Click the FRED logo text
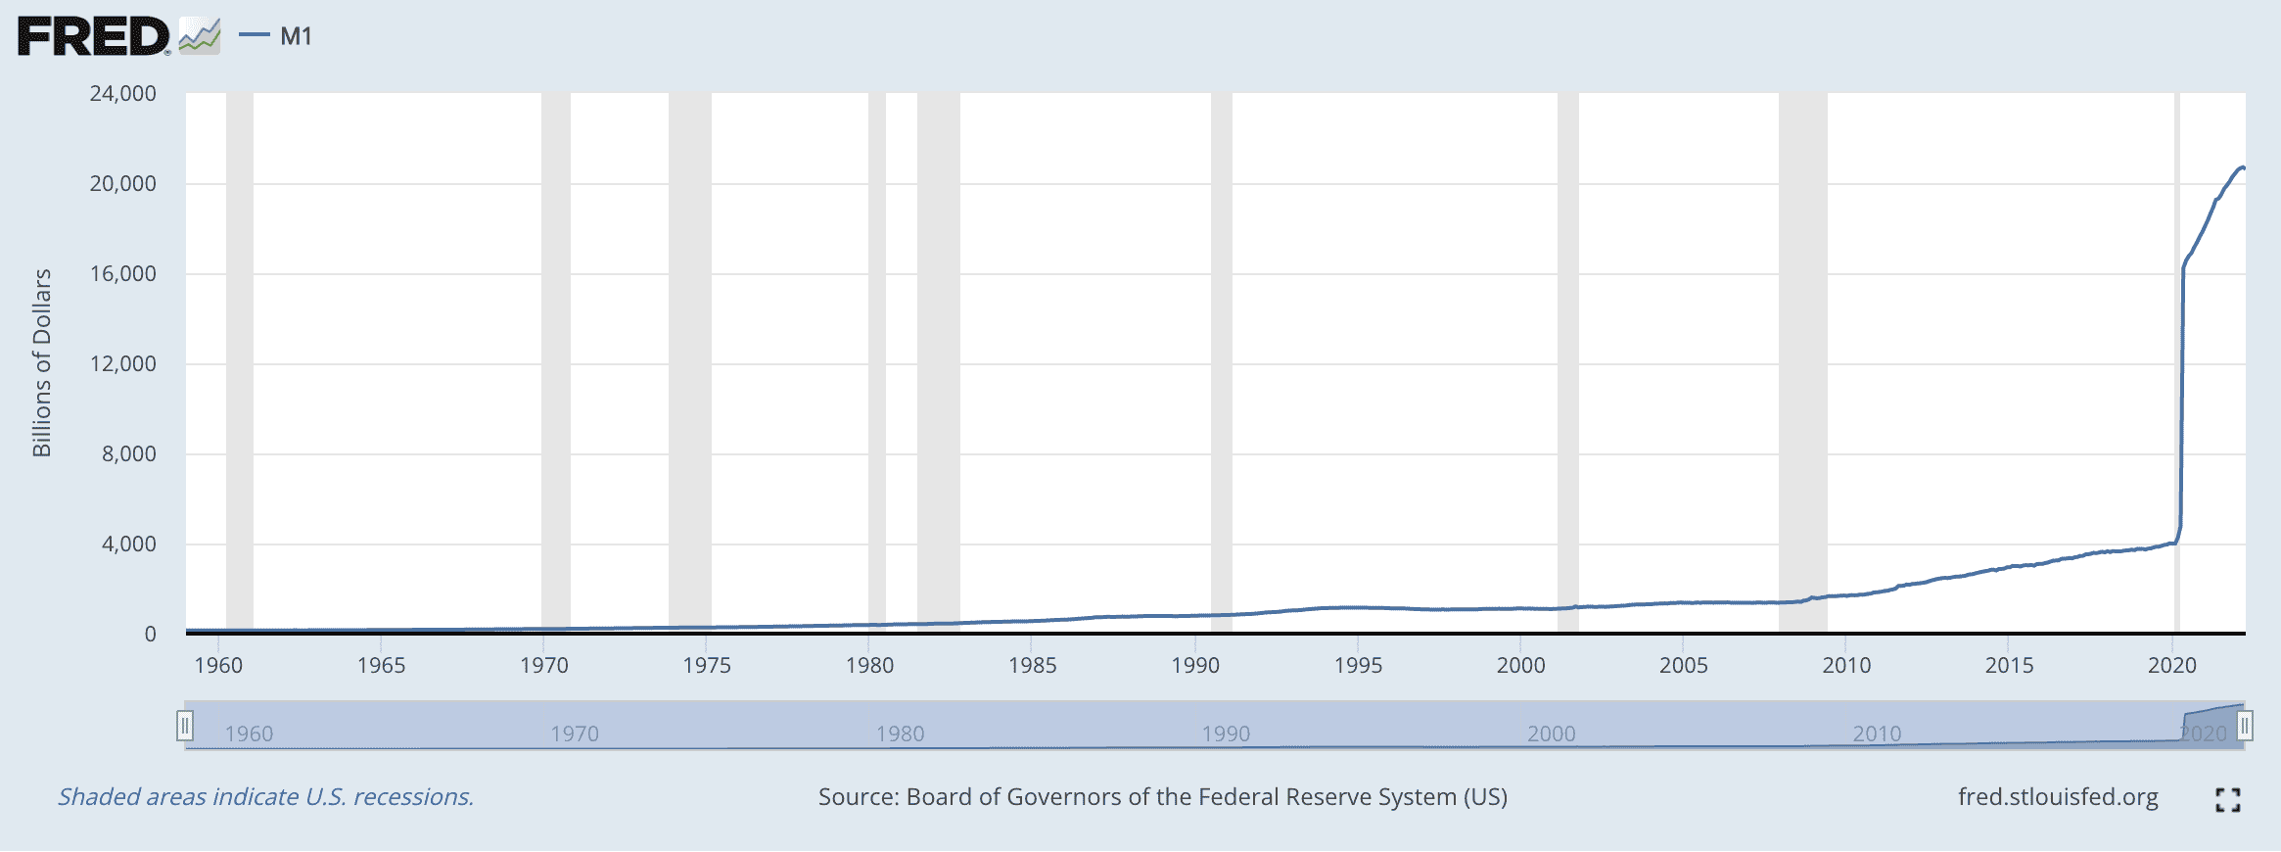[x=94, y=37]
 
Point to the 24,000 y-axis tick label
[x=122, y=94]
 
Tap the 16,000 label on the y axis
[x=122, y=274]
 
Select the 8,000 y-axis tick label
[x=128, y=454]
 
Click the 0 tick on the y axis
[x=150, y=635]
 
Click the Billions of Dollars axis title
[x=41, y=363]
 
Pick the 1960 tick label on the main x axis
[x=218, y=666]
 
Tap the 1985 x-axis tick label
[x=1032, y=666]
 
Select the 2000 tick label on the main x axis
[x=1520, y=666]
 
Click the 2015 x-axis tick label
[x=2009, y=666]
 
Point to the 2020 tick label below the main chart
[x=2171, y=666]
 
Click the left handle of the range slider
[x=184, y=726]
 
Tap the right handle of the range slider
[x=2245, y=726]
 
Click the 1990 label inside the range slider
[x=1226, y=734]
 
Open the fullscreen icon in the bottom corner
[x=2228, y=800]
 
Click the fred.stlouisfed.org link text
[x=2058, y=797]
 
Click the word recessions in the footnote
[x=413, y=797]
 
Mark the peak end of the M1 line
[x=2244, y=167]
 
